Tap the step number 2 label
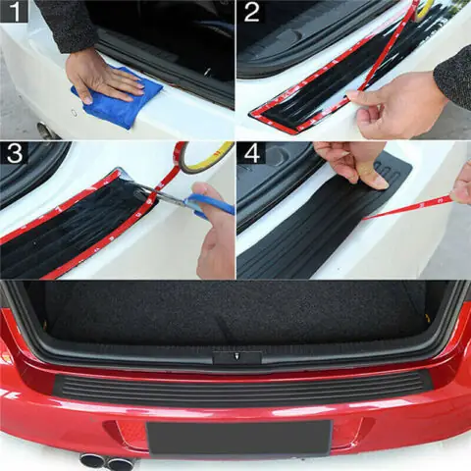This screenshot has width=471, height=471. coord(251,14)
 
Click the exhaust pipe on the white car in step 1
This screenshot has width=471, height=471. coord(44,130)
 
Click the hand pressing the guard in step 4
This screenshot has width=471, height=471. coord(353,162)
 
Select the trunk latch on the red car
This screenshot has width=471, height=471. coord(235,356)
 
